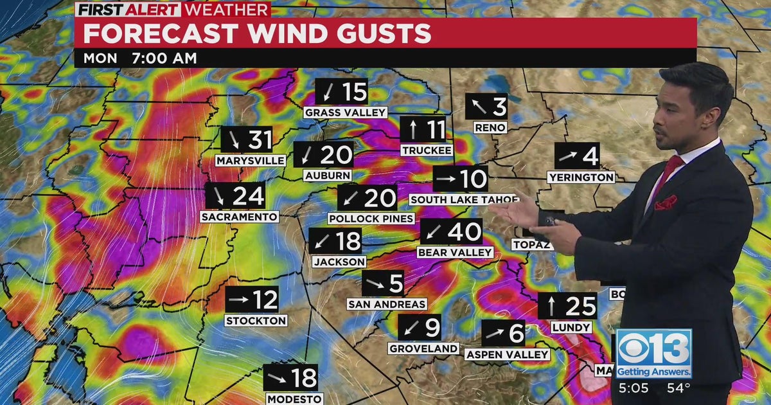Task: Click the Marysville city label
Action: pyautogui.click(x=250, y=160)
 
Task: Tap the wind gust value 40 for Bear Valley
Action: pyautogui.click(x=465, y=231)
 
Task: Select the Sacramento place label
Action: pyautogui.click(x=240, y=217)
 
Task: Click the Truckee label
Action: pyautogui.click(x=427, y=150)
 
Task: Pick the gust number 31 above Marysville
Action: pyautogui.click(x=260, y=139)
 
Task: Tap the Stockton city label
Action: pyautogui.click(x=256, y=320)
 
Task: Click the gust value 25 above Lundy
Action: pyautogui.click(x=581, y=306)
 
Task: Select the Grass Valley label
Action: pyautogui.click(x=345, y=113)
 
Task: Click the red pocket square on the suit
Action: pyautogui.click(x=666, y=203)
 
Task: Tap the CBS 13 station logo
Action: pyautogui.click(x=654, y=354)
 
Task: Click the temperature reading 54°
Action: pyautogui.click(x=678, y=388)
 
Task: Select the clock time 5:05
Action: pyautogui.click(x=633, y=388)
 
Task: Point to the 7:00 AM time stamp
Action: pyautogui.click(x=164, y=58)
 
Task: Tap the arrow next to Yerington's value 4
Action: pyautogui.click(x=568, y=156)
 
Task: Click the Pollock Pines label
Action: pyautogui.click(x=371, y=219)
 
